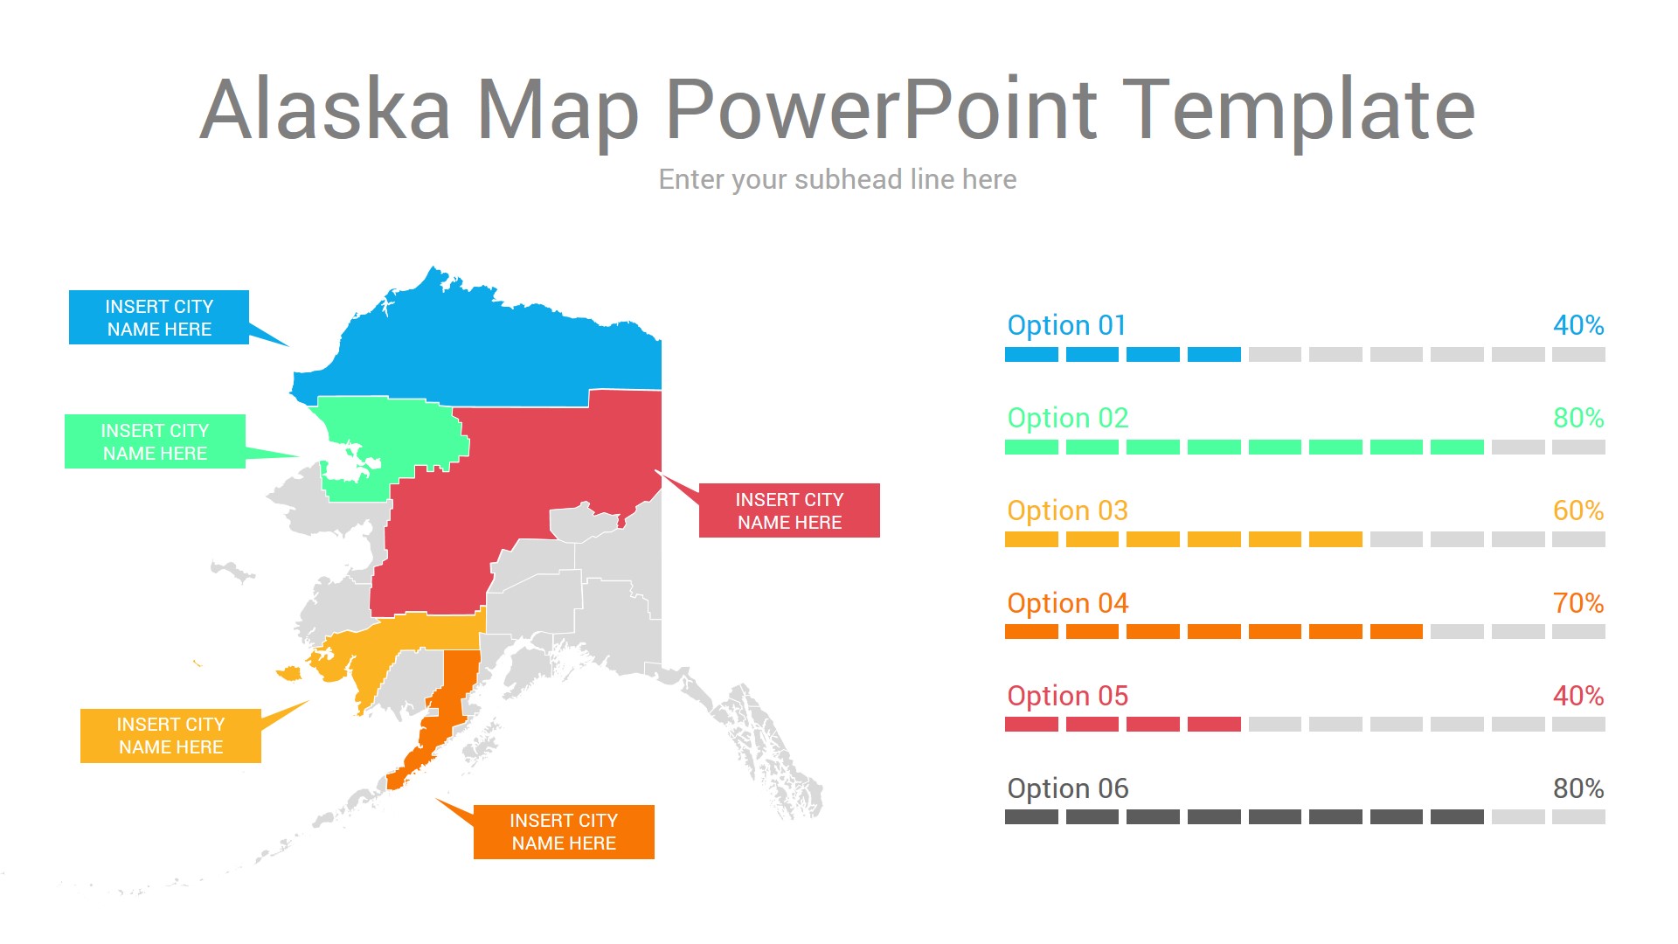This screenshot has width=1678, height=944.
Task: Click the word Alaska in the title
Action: click(x=325, y=108)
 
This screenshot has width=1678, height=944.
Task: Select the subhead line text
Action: click(x=837, y=179)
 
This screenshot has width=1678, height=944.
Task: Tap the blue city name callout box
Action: click(x=159, y=317)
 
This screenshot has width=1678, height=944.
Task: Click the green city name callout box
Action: click(x=155, y=441)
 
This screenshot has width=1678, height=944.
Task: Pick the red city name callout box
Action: click(x=789, y=510)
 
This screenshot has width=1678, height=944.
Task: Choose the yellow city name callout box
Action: click(x=170, y=736)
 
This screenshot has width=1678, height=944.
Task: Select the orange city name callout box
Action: click(x=564, y=832)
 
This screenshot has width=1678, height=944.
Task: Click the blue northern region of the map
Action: click(x=489, y=350)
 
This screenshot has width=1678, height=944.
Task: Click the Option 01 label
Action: click(x=1067, y=325)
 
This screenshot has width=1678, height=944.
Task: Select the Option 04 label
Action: click(x=1067, y=603)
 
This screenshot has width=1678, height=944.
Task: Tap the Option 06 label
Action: click(x=1067, y=788)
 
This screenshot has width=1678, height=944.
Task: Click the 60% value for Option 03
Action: click(x=1578, y=510)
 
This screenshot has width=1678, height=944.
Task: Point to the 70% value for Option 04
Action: click(x=1578, y=603)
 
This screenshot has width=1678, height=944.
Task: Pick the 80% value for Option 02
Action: click(x=1578, y=418)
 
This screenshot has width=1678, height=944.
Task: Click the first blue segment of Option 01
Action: click(x=1031, y=354)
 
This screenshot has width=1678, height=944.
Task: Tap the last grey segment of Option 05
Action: click(x=1578, y=724)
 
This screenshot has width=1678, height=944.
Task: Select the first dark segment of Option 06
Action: click(x=1031, y=816)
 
